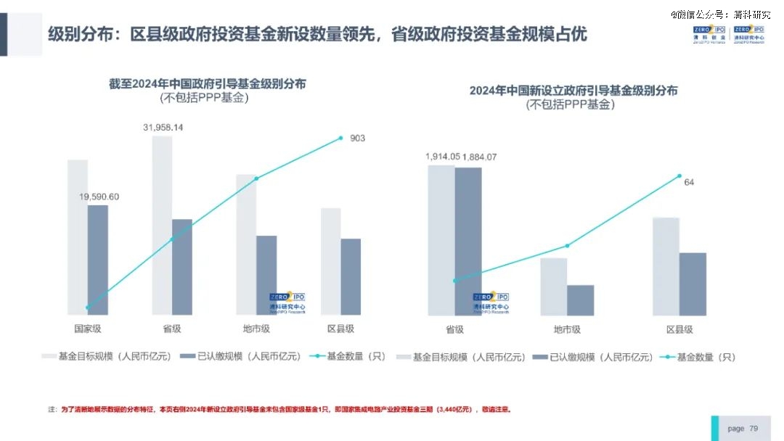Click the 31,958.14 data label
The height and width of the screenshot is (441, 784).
pos(163,128)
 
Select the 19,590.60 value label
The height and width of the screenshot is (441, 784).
pos(99,197)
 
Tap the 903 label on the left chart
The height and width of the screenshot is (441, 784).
pos(357,139)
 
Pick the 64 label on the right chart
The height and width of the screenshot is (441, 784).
pos(689,182)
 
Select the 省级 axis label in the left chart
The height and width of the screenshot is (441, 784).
pos(172,329)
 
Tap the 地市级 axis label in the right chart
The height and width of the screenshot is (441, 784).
pos(567,329)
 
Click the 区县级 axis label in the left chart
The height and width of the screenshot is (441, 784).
pos(340,329)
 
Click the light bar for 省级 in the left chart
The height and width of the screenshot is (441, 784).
pos(162,225)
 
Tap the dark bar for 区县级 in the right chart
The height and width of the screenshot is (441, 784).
pos(693,284)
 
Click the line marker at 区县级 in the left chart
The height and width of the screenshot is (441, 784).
pos(340,138)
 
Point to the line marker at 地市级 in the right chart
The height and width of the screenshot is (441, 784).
pos(567,245)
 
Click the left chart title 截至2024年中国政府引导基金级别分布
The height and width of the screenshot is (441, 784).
pos(207,84)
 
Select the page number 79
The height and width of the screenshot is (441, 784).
pos(754,429)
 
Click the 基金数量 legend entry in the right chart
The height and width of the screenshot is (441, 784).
pos(700,357)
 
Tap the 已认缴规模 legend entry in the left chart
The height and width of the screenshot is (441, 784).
pos(240,356)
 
